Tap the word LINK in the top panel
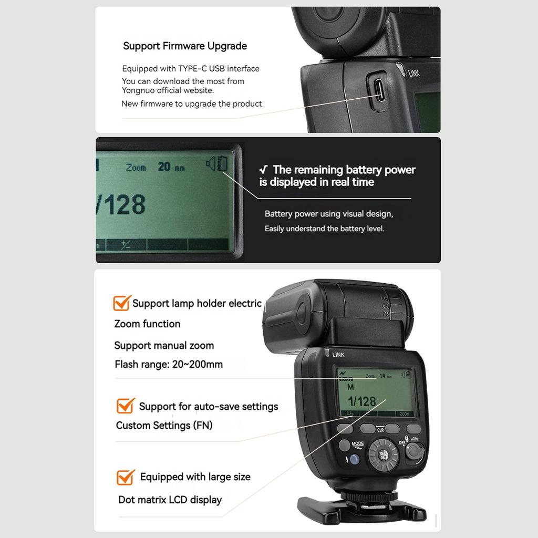point(414,74)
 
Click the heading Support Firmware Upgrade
point(185,46)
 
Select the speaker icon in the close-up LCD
point(211,164)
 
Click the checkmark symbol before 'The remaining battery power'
point(265,170)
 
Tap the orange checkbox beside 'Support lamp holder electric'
point(122,303)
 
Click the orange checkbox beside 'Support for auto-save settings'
point(125,406)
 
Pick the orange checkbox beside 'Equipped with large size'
point(125,477)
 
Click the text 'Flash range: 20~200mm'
point(169,364)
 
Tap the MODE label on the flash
point(358,444)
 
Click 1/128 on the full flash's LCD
point(361,401)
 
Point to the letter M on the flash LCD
point(350,386)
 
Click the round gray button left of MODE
point(344,446)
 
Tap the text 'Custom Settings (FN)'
point(164,426)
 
